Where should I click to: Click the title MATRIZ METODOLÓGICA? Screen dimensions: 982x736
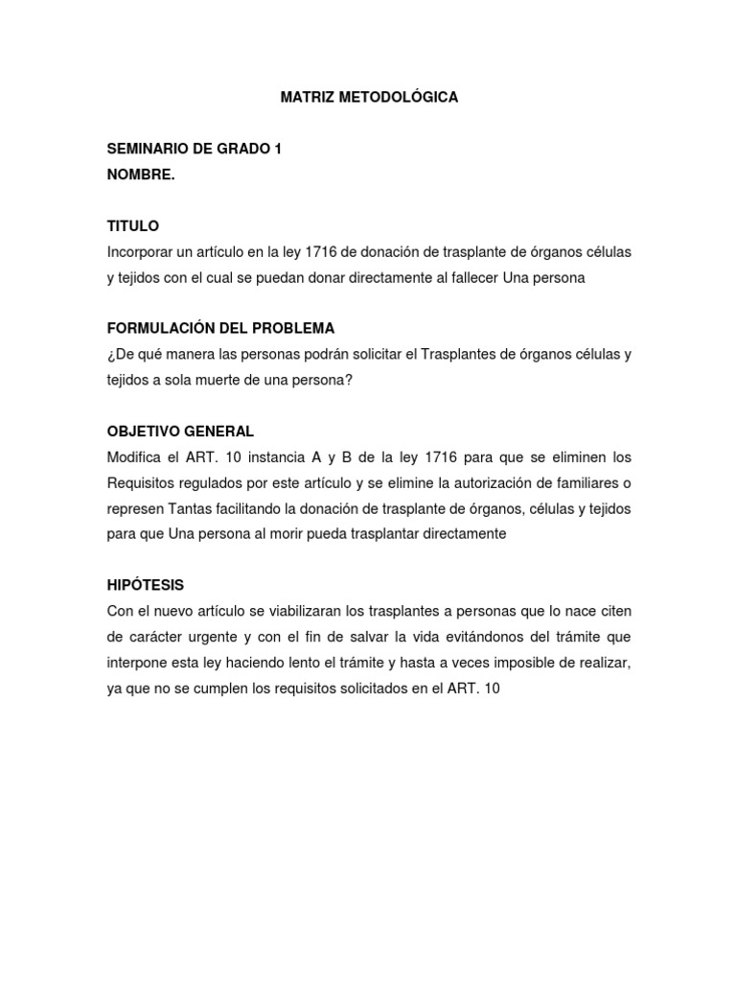(369, 98)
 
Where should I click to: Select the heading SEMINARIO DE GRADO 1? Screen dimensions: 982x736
(194, 149)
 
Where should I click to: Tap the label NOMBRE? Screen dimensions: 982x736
(141, 175)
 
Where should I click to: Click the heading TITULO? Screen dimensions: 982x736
(133, 226)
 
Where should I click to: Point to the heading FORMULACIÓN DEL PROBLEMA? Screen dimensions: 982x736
(220, 329)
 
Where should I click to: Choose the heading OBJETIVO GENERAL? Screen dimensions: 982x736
(180, 432)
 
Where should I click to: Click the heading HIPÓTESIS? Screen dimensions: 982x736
(146, 585)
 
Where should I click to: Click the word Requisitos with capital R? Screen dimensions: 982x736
(144, 482)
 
